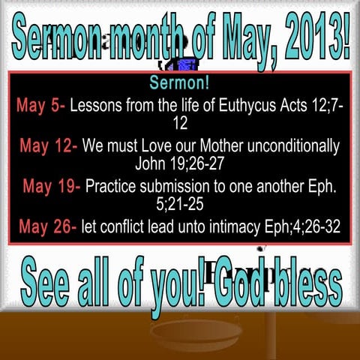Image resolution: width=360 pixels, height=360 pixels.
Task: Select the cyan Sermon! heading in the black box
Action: pyautogui.click(x=179, y=81)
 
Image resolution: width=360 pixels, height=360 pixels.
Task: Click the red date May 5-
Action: pyautogui.click(x=41, y=106)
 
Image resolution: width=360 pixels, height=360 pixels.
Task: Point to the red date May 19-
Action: pyautogui.click(x=52, y=185)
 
